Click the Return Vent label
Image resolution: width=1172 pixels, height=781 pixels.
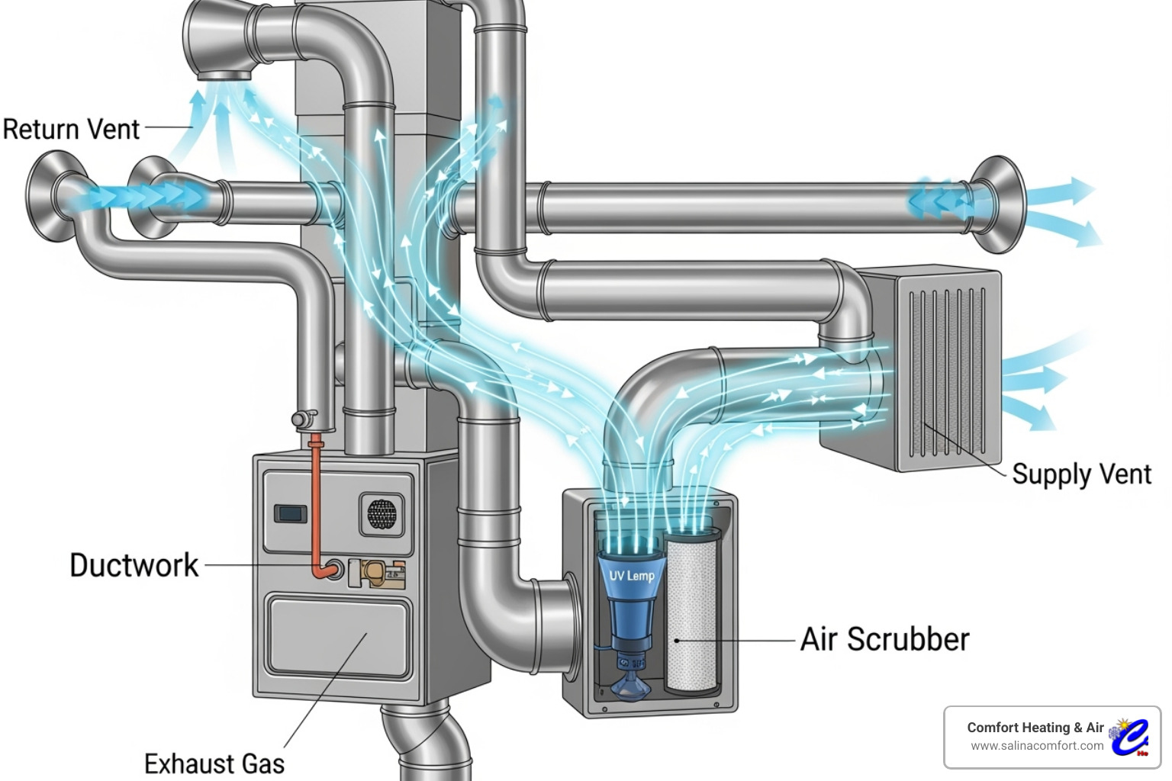point(71,129)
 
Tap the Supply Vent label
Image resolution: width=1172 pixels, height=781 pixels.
point(1080,474)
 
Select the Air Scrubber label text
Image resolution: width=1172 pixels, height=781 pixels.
point(884,639)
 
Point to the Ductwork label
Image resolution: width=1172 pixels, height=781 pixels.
point(134,565)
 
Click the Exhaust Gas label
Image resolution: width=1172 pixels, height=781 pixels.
point(214,763)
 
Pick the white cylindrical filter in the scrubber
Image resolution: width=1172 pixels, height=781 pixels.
point(691,610)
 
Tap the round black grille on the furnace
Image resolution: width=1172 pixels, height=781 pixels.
point(382,513)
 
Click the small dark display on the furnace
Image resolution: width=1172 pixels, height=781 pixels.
point(290,513)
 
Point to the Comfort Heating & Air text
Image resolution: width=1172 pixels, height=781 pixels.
point(1035,728)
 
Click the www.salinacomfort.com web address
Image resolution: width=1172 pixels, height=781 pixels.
point(1036,746)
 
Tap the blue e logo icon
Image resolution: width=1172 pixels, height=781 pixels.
point(1130,737)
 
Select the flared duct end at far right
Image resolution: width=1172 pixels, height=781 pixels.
point(998,204)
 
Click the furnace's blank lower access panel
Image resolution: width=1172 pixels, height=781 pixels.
point(340,637)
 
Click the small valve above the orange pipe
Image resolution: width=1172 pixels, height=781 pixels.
point(304,419)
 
